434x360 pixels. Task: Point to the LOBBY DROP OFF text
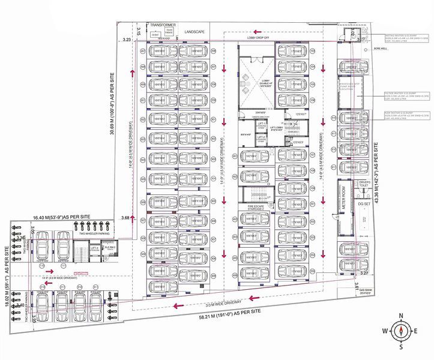[259, 37]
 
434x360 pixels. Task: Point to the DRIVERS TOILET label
[364, 184]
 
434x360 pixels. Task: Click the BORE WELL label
[379, 49]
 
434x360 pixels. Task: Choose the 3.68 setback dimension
[125, 217]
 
